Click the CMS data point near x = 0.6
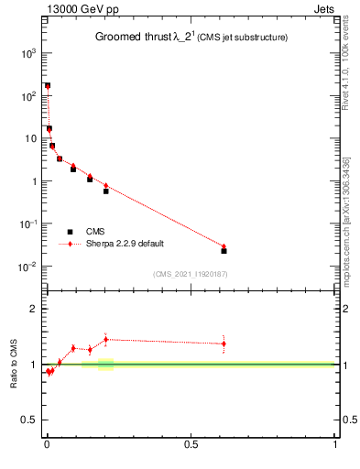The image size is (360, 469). tap(224, 250)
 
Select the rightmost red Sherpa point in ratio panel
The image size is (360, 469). tap(224, 344)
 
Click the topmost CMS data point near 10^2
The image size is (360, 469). tap(47, 85)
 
